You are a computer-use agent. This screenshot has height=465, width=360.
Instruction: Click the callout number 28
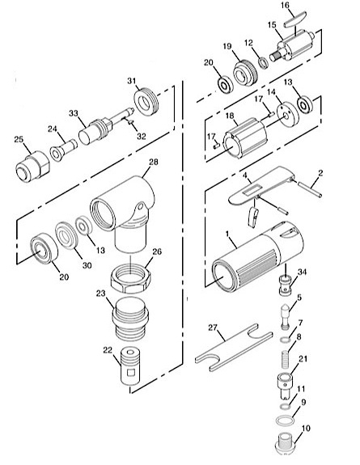coord(154,163)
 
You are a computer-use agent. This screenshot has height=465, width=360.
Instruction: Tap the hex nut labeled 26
coord(131,279)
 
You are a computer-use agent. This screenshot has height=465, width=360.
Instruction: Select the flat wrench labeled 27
coord(234,347)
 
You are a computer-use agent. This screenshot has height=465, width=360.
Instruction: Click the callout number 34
coord(302,272)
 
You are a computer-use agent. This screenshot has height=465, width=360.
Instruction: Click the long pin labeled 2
coord(310,190)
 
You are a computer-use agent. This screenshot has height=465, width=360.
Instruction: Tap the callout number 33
coord(74,113)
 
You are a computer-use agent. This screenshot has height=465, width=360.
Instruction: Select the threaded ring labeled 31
coord(146,103)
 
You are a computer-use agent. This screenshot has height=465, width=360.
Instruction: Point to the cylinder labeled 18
coord(245,139)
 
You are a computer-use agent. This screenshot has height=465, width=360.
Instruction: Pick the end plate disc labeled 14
coord(287,114)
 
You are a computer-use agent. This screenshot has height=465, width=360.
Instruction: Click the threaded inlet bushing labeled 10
coord(287,443)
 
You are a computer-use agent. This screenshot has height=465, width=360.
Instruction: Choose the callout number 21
coord(303,359)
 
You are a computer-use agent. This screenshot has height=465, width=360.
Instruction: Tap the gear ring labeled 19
coord(245,73)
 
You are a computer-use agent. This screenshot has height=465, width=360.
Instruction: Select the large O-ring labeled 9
coord(285,421)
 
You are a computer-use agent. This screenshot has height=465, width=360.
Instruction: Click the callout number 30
coord(87,265)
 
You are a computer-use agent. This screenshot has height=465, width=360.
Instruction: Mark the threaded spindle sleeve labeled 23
coord(130,319)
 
